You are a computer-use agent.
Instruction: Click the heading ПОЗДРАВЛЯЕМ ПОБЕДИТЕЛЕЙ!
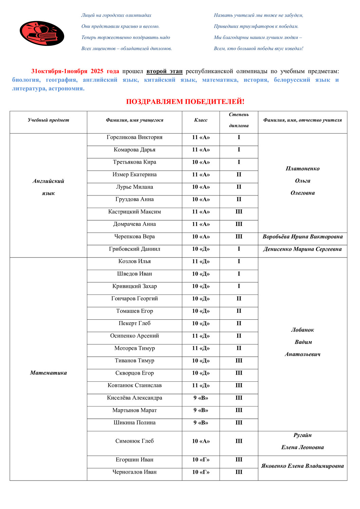(185, 101)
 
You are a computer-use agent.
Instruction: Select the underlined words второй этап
(164, 71)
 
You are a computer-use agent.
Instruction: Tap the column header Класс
(201, 120)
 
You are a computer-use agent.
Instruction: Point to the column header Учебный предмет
(48, 120)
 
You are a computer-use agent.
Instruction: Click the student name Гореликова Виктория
(134, 137)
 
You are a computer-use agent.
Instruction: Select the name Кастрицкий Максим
(134, 212)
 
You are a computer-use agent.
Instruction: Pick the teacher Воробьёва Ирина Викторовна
(302, 237)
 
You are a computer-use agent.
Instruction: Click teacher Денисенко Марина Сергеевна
(302, 249)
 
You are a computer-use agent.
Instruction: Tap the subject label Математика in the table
(48, 373)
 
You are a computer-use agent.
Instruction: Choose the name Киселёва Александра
(134, 398)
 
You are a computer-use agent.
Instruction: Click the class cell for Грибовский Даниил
(201, 249)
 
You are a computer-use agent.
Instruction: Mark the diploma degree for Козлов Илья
(239, 261)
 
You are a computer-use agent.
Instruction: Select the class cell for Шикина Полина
(201, 423)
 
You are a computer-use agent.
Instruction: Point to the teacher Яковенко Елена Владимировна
(302, 466)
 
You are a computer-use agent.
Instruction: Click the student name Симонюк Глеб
(134, 441)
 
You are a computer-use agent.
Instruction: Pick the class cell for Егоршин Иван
(201, 460)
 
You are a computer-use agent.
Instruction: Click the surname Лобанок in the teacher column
(302, 330)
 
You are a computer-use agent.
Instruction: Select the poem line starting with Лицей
(116, 15)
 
